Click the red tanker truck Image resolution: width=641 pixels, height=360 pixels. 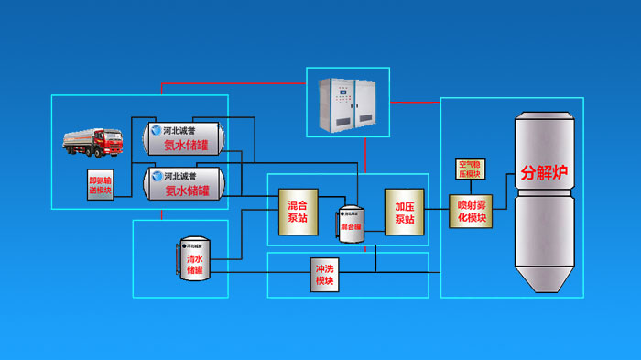(x=93, y=141)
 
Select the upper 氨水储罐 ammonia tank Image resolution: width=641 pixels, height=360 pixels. (x=186, y=138)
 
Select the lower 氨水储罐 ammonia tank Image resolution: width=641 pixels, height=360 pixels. (x=186, y=183)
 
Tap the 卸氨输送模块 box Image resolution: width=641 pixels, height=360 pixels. (x=103, y=185)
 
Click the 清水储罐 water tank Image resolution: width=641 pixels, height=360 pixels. (x=194, y=257)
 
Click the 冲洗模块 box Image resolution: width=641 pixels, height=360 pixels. (x=324, y=275)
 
